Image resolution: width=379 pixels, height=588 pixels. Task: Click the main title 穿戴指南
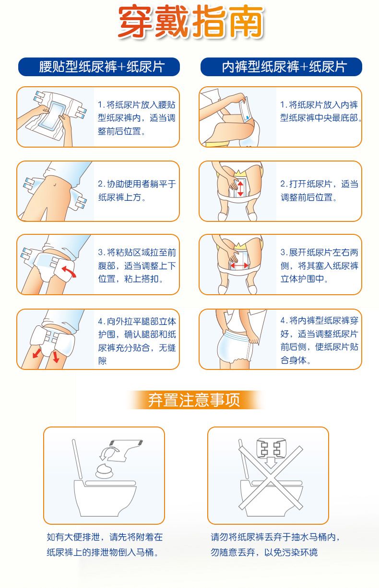point(191,21)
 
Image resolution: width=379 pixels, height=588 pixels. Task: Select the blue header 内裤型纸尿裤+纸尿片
point(281,67)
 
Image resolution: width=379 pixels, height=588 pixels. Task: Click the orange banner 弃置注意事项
point(194,400)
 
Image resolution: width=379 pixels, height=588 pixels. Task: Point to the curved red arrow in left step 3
point(69,271)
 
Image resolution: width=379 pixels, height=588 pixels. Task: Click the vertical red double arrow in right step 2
point(240,188)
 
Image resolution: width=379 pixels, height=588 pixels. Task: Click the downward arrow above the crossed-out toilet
point(271,461)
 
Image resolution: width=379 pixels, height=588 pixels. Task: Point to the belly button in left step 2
point(55,185)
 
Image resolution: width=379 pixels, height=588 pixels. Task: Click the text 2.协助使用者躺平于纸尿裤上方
point(137,191)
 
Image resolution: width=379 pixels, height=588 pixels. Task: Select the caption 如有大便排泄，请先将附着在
point(105,537)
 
